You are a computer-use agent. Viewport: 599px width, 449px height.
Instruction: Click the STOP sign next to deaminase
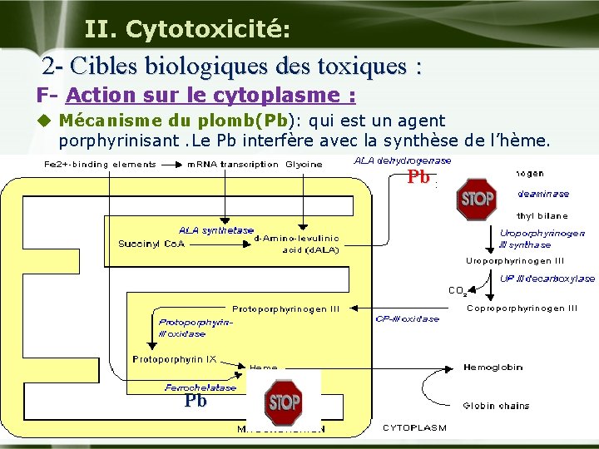coord(476,200)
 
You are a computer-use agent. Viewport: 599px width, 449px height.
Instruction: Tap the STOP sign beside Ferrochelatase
coord(284,402)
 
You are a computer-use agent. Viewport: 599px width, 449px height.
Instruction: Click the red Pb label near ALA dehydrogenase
coord(418,177)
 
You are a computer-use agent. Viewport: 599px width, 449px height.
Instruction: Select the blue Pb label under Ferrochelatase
coord(196,401)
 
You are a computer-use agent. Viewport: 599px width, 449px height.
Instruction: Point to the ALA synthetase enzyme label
coord(216,230)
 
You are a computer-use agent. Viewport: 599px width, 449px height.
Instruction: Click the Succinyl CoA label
coord(151,244)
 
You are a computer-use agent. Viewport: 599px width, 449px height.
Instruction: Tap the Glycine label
coord(304,164)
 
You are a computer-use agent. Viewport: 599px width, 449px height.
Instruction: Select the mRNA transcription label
coord(233,164)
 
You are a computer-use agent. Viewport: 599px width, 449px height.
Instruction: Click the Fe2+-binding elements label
coord(100,164)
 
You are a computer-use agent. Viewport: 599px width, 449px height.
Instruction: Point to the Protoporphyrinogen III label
coord(286,309)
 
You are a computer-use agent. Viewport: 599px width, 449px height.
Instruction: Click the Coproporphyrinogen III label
coord(522,308)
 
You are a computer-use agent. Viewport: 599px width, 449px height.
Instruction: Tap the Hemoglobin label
coord(493,367)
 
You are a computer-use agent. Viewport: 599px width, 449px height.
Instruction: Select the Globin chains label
coord(496,406)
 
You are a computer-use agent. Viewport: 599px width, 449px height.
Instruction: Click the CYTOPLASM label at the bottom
coord(414,428)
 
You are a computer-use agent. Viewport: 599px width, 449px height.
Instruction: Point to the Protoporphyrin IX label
coord(175,359)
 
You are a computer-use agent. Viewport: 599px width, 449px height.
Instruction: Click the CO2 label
coord(457,291)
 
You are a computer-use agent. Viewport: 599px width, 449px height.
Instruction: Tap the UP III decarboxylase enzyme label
coord(547,279)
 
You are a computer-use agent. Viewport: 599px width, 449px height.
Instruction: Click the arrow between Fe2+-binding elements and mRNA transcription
coord(171,164)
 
